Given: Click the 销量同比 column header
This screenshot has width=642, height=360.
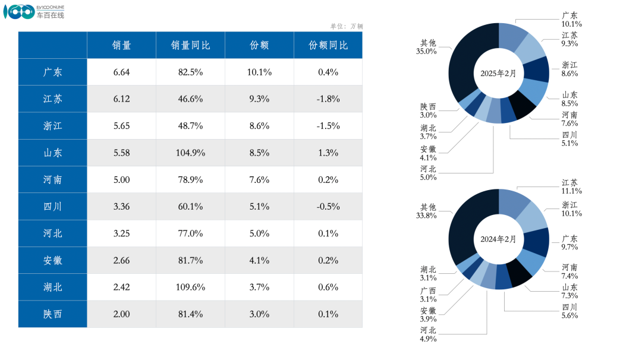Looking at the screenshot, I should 190,45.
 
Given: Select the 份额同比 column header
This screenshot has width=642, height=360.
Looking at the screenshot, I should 328,45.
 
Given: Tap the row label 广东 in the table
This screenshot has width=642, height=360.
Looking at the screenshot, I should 52,72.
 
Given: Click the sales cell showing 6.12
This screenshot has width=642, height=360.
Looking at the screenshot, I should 121,99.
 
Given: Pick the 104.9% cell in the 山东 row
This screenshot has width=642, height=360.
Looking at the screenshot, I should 190,153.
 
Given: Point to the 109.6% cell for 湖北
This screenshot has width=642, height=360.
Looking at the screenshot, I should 190,287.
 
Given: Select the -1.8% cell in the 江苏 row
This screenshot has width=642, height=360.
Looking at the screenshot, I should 328,99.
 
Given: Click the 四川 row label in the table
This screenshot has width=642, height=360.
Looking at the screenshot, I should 52,207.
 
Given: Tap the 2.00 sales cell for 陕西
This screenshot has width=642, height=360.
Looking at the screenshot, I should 121,314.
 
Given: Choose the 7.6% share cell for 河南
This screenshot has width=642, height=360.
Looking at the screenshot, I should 259,179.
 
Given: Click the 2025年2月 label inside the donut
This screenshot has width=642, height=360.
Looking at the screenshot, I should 498,73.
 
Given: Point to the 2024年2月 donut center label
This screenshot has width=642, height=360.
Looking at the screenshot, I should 498,239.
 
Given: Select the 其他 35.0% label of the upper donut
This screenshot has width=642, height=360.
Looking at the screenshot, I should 427,47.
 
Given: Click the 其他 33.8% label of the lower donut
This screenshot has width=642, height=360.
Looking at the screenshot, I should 427,211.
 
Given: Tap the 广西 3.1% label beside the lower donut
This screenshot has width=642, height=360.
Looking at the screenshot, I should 428,295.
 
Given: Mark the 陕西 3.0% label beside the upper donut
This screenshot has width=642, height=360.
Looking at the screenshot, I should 428,110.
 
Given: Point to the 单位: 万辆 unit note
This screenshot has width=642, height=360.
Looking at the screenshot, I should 346,26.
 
